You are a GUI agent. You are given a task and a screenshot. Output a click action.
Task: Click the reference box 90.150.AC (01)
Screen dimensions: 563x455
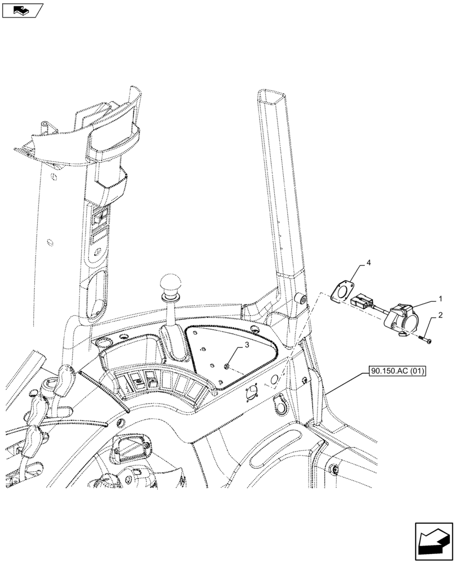point(398,370)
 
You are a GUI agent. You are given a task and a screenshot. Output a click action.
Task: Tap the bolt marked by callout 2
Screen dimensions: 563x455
point(423,339)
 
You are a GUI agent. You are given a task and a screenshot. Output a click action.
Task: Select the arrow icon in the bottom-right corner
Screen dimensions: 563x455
point(433,540)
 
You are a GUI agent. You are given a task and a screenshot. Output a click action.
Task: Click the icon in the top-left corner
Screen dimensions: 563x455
point(23,10)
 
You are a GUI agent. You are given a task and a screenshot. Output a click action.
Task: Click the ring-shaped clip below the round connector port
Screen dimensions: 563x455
point(278,405)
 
